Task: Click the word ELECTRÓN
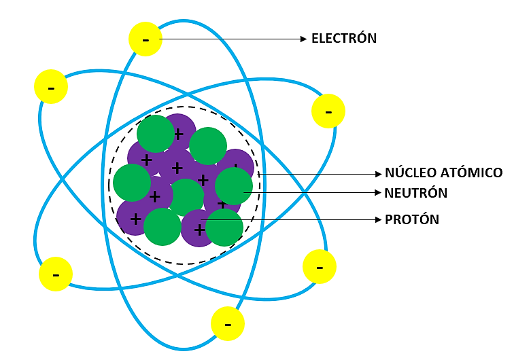[x=344, y=38]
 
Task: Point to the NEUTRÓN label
[x=415, y=193]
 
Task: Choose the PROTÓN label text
[x=412, y=219]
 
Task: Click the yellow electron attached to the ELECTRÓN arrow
[x=145, y=39]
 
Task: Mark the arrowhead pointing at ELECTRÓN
[x=303, y=39]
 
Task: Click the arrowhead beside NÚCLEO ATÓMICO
[x=378, y=174]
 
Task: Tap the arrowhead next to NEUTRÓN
[x=377, y=193]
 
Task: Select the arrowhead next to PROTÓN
[x=378, y=219]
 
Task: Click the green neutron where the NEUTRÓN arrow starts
[x=234, y=186]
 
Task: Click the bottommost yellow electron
[x=228, y=323]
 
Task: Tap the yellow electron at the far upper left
[x=51, y=87]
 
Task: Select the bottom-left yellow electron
[x=56, y=274]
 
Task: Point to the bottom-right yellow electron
[x=320, y=267]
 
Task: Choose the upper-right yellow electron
[x=328, y=111]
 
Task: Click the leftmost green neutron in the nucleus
[x=132, y=183]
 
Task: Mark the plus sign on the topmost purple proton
[x=179, y=134]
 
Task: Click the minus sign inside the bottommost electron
[x=228, y=325]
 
